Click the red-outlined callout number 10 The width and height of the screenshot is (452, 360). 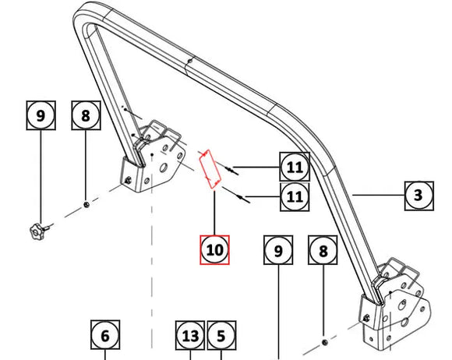pos(215,249)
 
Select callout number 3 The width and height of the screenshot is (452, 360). pos(418,195)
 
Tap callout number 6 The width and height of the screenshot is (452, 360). pos(105,337)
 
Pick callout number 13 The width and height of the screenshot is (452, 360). pos(189,337)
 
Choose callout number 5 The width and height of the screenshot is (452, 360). pos(221,337)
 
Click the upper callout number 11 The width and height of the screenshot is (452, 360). pos(295,166)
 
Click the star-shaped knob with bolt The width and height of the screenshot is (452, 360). pos(36,230)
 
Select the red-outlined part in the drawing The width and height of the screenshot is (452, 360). pos(208,169)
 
